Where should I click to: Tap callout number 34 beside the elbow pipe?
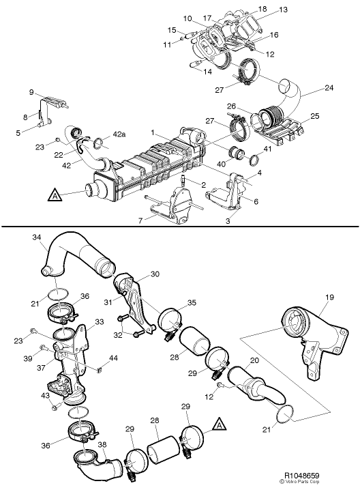click(37, 237)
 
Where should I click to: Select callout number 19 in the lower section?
click(330, 298)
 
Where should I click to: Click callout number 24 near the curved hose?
click(329, 87)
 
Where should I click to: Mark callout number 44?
click(114, 358)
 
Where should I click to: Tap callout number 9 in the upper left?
click(31, 92)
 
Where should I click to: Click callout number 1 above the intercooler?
click(154, 132)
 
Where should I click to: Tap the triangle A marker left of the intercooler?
click(53, 197)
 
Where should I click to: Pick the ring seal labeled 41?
click(251, 161)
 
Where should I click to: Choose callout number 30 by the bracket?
click(155, 274)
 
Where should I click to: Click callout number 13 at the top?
click(283, 10)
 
